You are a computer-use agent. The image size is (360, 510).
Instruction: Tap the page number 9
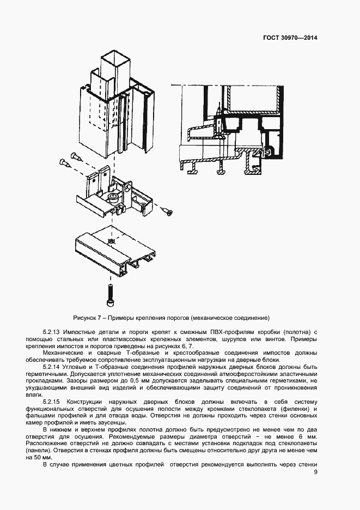tap(315, 472)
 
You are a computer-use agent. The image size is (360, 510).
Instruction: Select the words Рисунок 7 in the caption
tap(87, 318)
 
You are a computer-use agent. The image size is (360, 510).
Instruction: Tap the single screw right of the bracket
tap(167, 210)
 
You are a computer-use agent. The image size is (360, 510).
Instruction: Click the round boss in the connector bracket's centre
tap(113, 196)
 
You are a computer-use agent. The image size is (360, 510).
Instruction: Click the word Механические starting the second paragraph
tap(62, 353)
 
